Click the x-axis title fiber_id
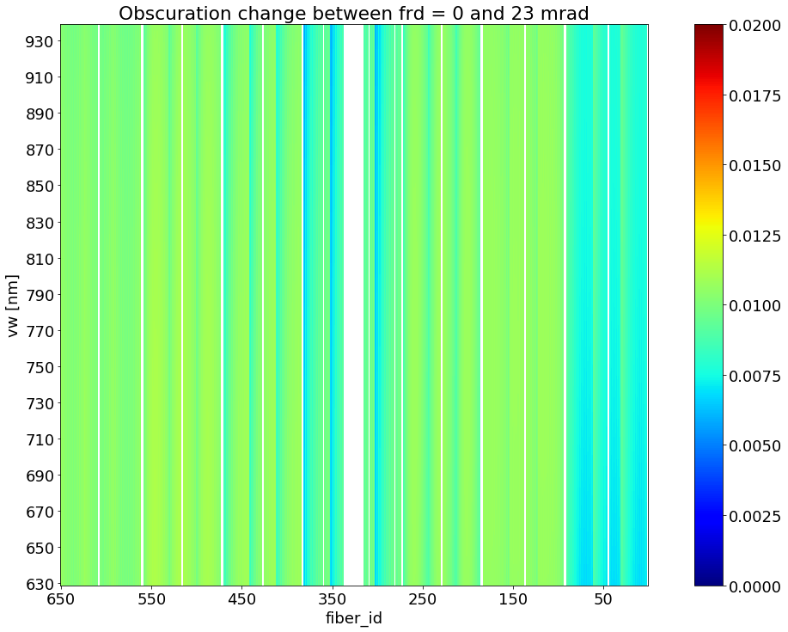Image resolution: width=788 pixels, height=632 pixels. (353, 618)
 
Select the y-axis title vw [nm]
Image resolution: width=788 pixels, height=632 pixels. (14, 306)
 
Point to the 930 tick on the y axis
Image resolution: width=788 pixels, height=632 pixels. (39, 41)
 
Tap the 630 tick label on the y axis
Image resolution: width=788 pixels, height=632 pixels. (39, 585)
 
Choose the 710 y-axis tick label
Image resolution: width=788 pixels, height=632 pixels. (39, 439)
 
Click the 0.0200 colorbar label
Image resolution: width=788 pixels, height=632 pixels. (754, 26)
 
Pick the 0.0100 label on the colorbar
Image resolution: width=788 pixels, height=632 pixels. (754, 306)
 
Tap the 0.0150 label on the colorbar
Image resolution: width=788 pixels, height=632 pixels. (754, 166)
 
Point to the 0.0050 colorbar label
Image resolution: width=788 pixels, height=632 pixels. (754, 446)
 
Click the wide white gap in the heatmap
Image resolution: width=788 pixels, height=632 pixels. (353, 306)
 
